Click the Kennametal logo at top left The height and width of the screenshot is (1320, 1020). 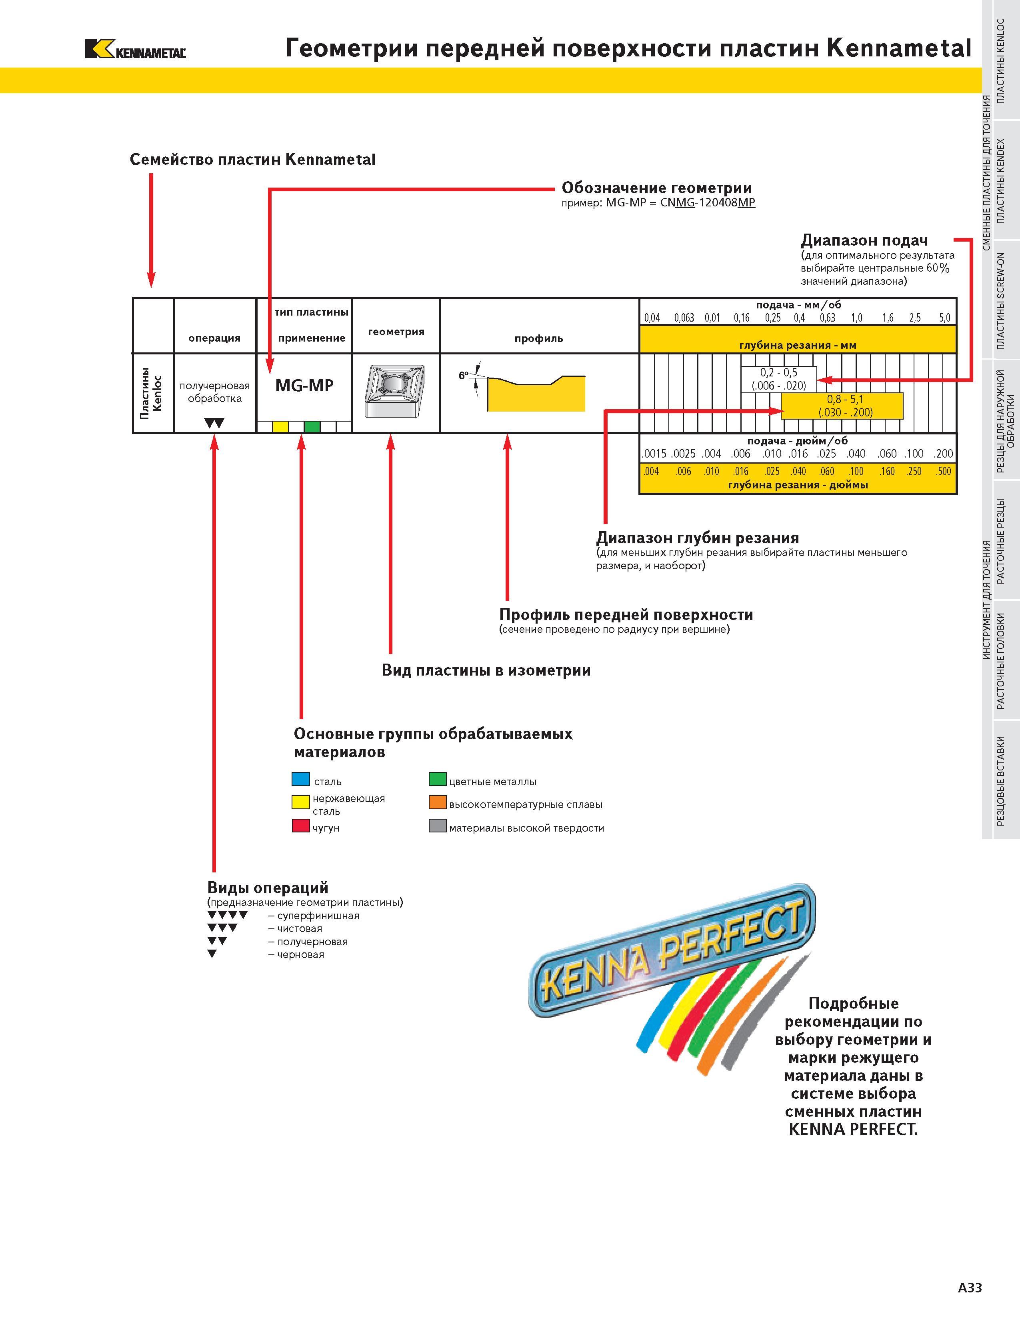click(x=135, y=49)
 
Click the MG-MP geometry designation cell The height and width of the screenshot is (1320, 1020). click(x=304, y=386)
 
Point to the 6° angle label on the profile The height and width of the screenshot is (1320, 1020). click(x=464, y=375)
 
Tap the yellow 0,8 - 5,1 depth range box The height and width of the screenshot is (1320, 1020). click(x=842, y=406)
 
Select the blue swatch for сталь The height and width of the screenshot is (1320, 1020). click(x=301, y=779)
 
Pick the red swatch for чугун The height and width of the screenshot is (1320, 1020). click(x=301, y=826)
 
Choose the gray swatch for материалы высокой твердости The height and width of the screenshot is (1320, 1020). click(x=438, y=826)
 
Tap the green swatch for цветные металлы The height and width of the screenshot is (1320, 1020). click(x=438, y=779)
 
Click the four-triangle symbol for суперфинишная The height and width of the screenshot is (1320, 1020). click(x=227, y=915)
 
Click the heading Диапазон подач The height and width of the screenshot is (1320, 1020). click(x=864, y=240)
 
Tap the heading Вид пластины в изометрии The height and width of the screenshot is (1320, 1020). click(x=486, y=670)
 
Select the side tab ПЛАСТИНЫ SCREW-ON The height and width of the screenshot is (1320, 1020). click(x=1001, y=301)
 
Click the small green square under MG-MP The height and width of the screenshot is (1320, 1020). click(x=312, y=427)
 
